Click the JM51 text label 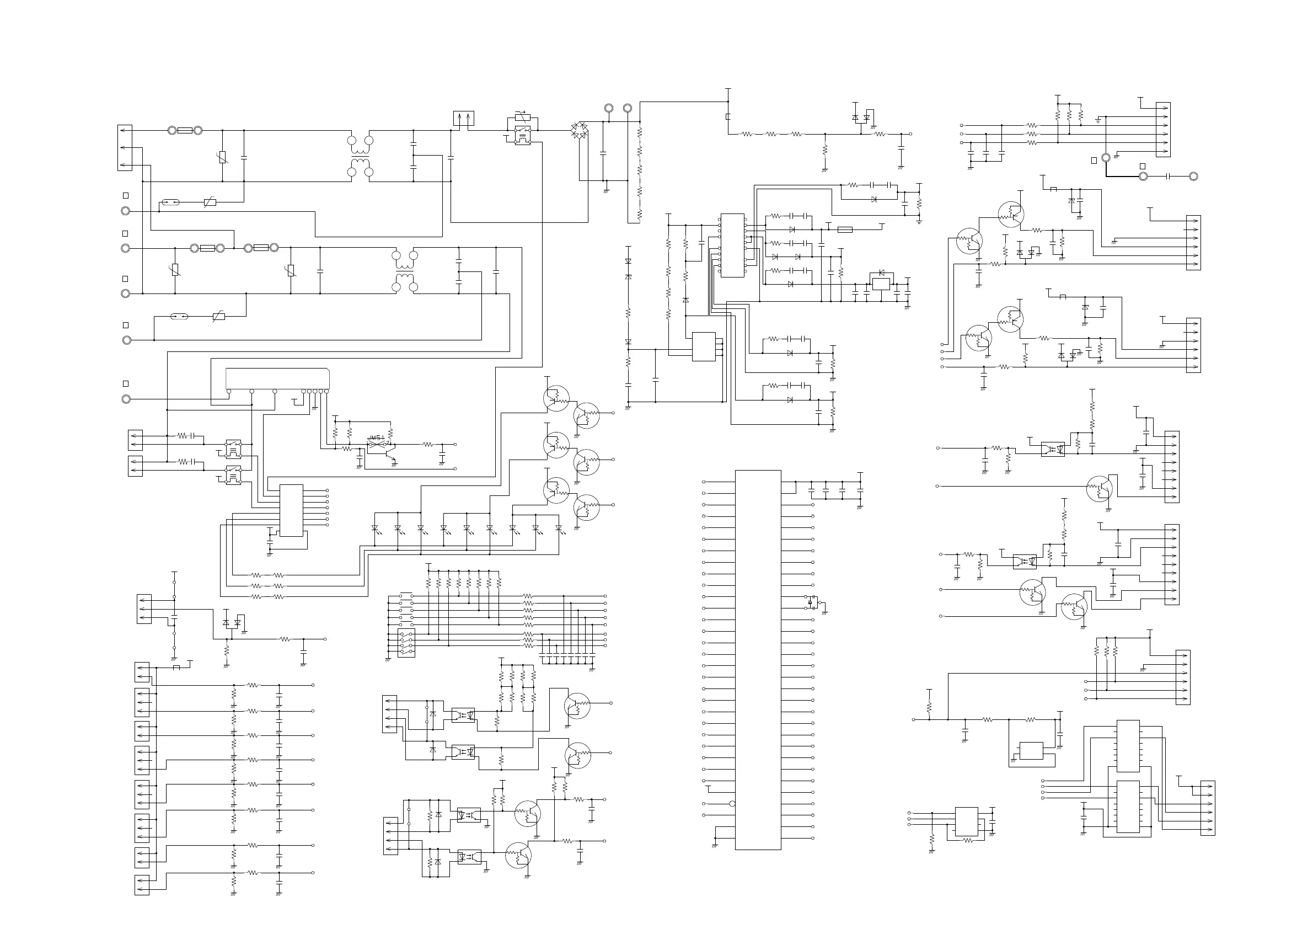(x=375, y=437)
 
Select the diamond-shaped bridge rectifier (x=580, y=130)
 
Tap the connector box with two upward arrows (x=463, y=119)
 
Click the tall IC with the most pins (x=758, y=660)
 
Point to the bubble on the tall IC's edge (x=732, y=804)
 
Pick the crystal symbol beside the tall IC (x=810, y=602)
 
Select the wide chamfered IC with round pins (x=277, y=378)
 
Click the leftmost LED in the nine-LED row (x=375, y=528)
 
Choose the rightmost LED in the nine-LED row (x=559, y=528)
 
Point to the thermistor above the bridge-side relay (x=521, y=118)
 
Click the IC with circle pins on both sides (x=732, y=245)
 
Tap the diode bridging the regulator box (x=881, y=273)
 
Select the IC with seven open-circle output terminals (x=291, y=510)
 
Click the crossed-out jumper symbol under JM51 (x=376, y=444)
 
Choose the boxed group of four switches (x=406, y=642)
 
